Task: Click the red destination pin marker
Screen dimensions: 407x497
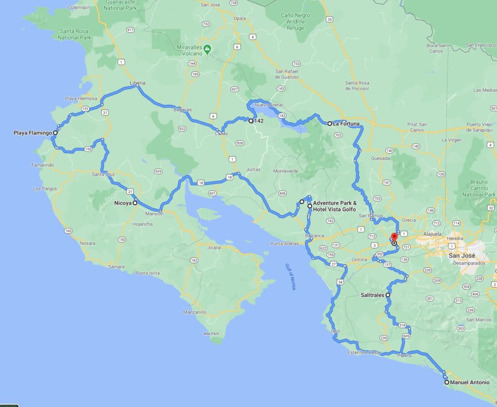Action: click(x=394, y=237)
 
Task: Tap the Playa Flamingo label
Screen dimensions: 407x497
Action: click(x=33, y=132)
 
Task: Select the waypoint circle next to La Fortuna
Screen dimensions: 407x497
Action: click(x=330, y=123)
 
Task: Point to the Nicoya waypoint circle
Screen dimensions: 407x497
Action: click(x=135, y=203)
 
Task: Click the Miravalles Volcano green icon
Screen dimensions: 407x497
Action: click(x=207, y=48)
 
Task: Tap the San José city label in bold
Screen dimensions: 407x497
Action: click(x=462, y=255)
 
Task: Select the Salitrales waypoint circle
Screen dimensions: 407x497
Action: click(x=388, y=295)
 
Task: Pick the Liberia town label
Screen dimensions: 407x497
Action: click(x=137, y=83)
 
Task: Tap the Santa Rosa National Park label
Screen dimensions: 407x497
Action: click(x=75, y=34)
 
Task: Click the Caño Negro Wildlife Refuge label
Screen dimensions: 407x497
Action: click(x=295, y=21)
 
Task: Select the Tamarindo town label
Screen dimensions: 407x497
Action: click(x=43, y=165)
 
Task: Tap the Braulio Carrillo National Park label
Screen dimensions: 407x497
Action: click(x=479, y=189)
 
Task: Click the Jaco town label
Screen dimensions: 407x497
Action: click(x=334, y=331)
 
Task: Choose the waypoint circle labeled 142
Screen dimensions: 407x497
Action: click(x=251, y=121)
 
